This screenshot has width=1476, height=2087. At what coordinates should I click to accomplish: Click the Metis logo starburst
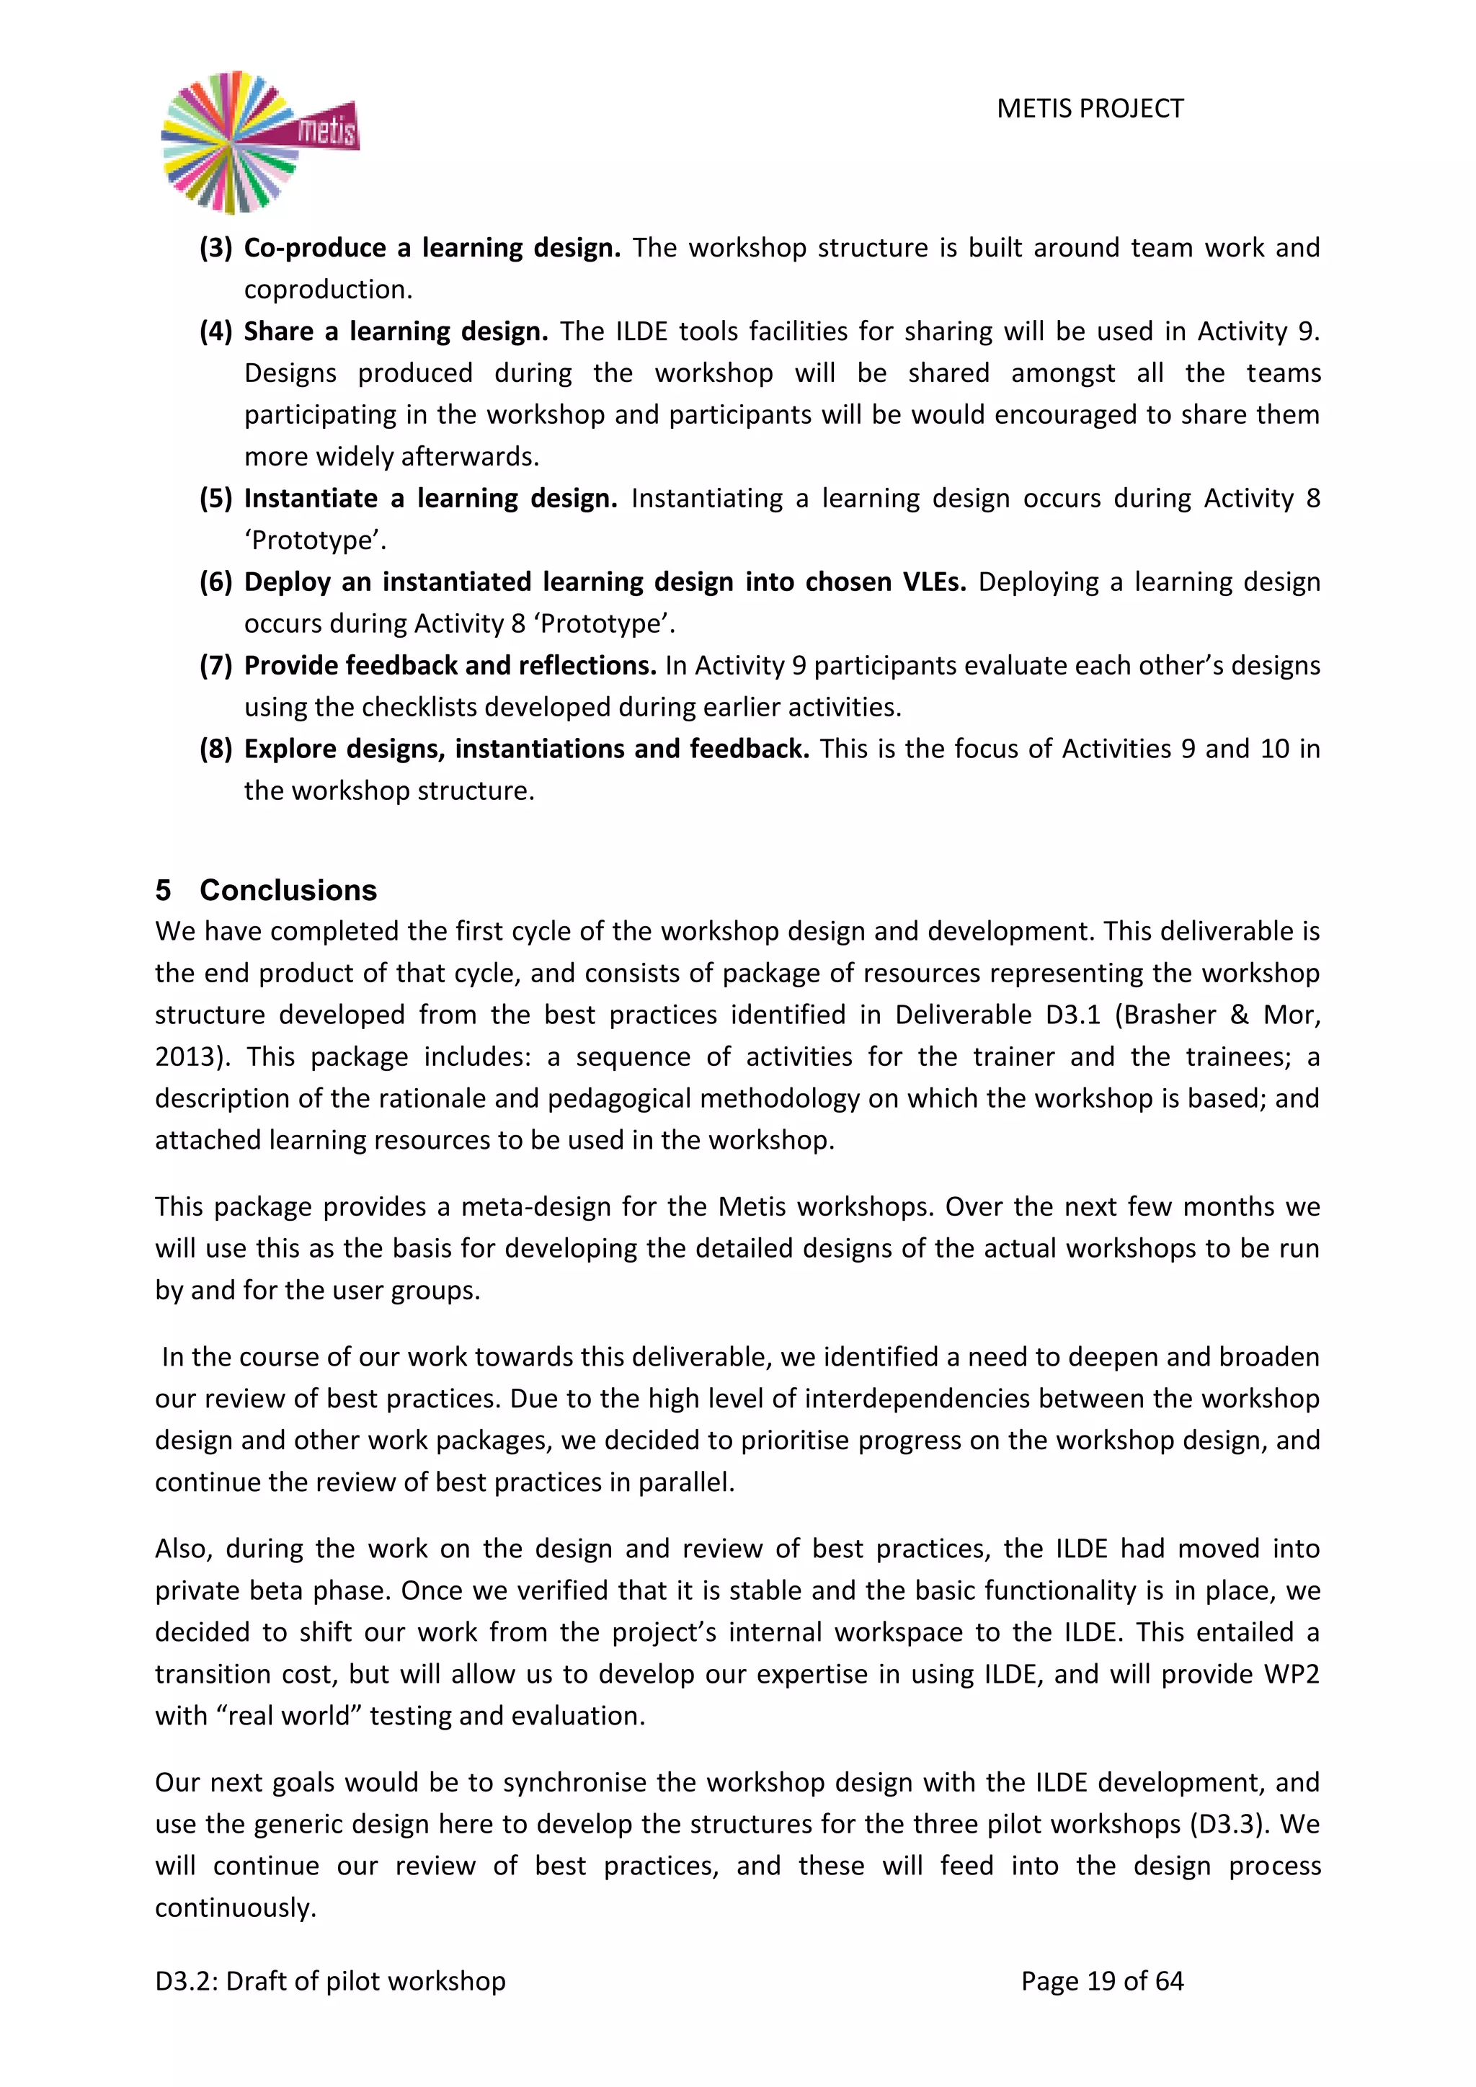pos(233,143)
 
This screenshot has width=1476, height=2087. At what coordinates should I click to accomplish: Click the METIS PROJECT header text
pos(1090,109)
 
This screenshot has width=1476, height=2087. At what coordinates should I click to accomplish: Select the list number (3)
pos(216,248)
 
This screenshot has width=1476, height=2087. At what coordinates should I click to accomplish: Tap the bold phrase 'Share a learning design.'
pos(396,331)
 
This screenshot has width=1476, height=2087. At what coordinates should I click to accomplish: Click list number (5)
pos(216,499)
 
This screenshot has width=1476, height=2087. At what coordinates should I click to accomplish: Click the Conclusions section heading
pos(288,890)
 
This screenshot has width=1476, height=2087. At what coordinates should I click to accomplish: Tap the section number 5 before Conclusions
pos(163,890)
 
